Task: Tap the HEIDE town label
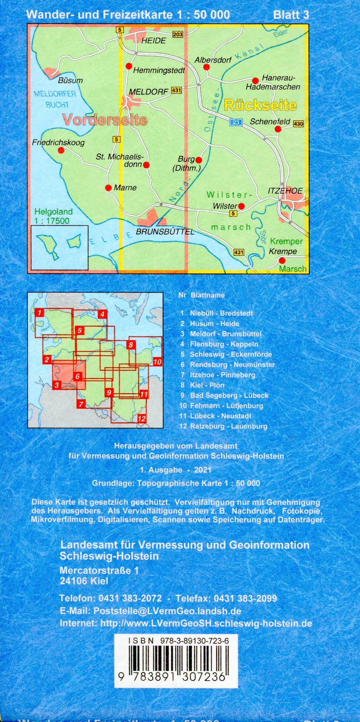pyautogui.click(x=153, y=41)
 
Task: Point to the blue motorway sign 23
pyautogui.click(x=236, y=122)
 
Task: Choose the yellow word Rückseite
pyautogui.click(x=260, y=105)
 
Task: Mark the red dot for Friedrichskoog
pyautogui.click(x=61, y=150)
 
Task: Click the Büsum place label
pyautogui.click(x=70, y=81)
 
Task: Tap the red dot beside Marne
pyautogui.click(x=108, y=188)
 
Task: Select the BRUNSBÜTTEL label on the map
pyautogui.click(x=165, y=232)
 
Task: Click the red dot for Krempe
pyautogui.click(x=282, y=260)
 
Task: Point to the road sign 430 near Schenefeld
pyautogui.click(x=298, y=124)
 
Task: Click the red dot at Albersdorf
pyautogui.click(x=206, y=67)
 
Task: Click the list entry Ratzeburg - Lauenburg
pyautogui.click(x=228, y=426)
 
